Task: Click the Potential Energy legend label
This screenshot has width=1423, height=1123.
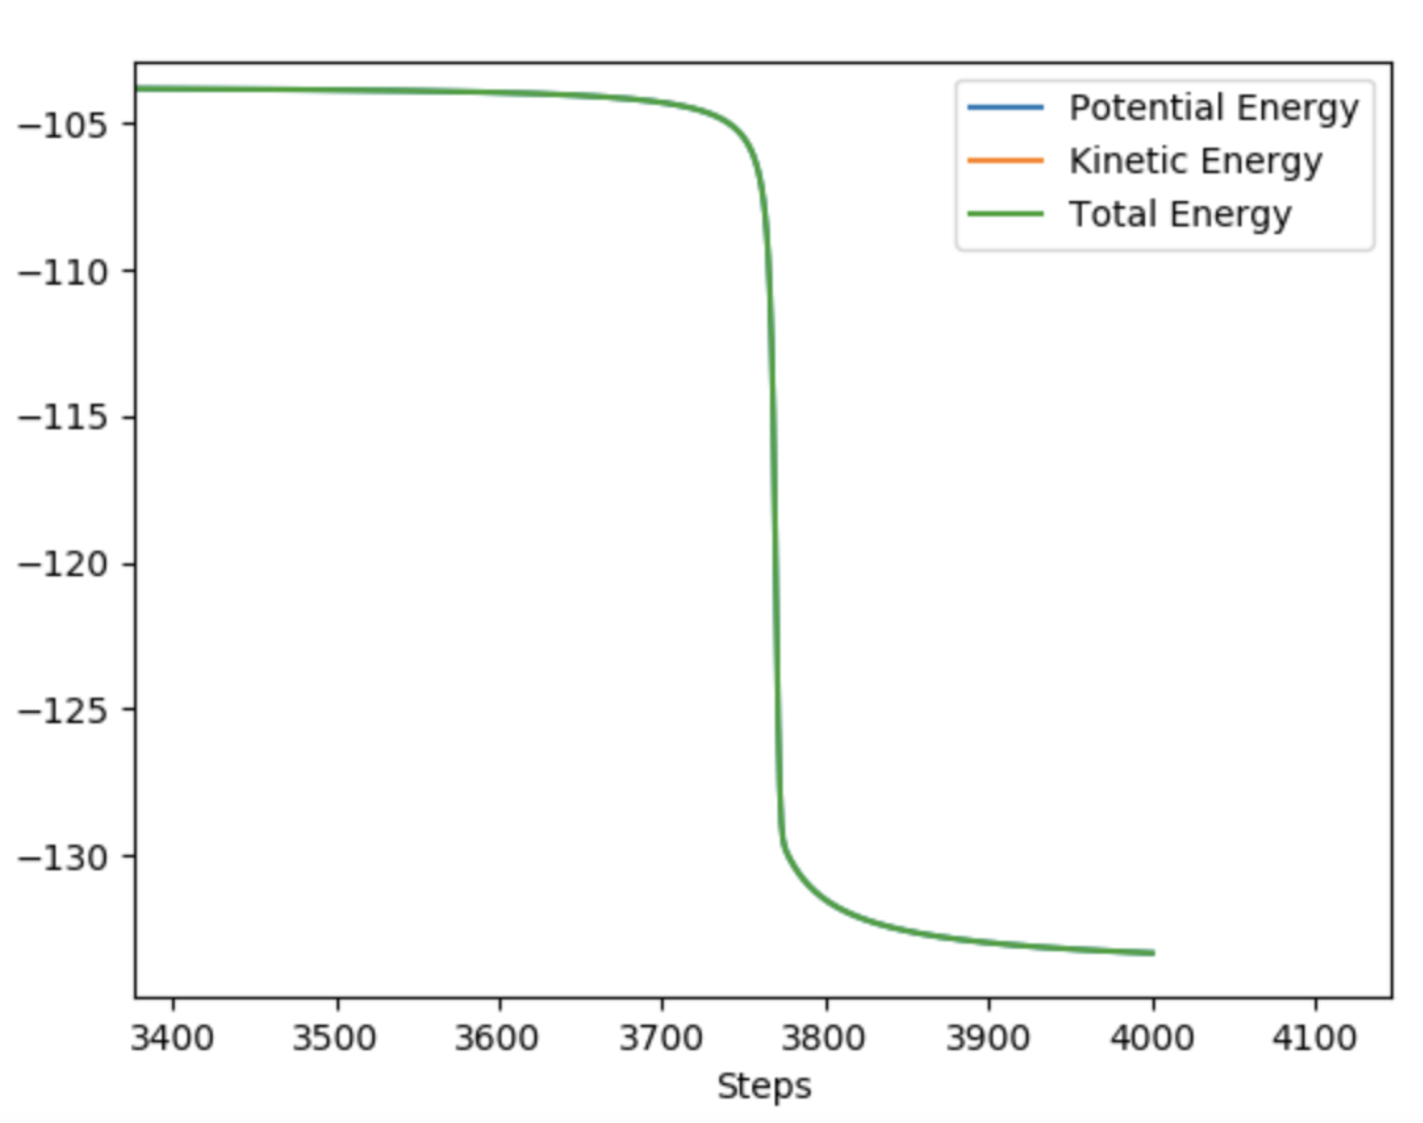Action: [1213, 108]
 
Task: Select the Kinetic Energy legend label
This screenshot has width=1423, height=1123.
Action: [1196, 161]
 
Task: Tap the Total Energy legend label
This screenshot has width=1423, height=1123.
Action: [1180, 215]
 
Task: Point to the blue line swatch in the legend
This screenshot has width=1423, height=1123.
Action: [1005, 108]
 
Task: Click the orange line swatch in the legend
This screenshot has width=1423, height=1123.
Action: [1005, 161]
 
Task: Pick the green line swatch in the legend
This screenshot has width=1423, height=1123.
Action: [1005, 215]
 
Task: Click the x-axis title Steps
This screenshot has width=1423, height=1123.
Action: [764, 1086]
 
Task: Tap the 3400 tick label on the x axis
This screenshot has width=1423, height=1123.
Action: [173, 1038]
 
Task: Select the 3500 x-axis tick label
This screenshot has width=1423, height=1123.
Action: [335, 1038]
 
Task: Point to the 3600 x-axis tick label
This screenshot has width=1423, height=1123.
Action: [498, 1038]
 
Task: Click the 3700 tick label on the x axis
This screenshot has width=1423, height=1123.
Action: [661, 1038]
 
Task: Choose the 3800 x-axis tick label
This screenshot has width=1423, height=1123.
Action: [824, 1038]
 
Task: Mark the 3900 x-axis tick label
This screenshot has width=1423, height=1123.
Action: [988, 1038]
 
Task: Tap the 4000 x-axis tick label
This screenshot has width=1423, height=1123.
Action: [1152, 1038]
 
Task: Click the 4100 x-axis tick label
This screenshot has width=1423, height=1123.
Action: [1314, 1038]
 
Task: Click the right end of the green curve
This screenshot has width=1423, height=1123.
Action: [1153, 953]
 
